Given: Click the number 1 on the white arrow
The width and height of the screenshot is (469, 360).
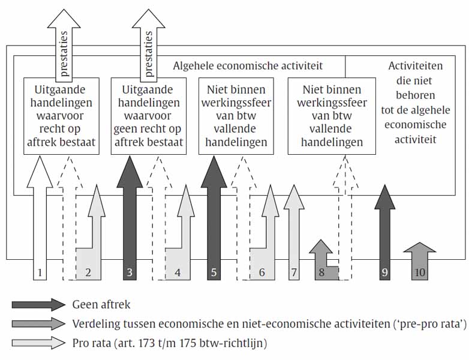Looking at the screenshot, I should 40,272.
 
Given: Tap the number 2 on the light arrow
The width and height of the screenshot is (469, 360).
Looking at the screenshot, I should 88,272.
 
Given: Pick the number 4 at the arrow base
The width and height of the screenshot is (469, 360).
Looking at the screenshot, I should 178,272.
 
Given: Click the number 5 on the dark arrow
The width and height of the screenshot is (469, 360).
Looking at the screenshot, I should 214,272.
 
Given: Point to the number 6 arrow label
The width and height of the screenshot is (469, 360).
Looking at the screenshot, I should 262,272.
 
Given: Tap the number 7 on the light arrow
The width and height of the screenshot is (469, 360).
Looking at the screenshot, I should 293,272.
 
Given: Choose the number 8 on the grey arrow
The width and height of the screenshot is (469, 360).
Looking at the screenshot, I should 322,272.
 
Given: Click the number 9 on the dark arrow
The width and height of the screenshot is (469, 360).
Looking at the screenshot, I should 384,272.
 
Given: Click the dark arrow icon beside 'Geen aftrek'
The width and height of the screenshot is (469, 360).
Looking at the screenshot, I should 38,304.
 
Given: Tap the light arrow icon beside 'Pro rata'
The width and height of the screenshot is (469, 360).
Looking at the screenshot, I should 38,343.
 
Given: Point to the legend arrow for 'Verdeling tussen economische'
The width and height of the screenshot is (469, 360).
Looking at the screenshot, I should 38,324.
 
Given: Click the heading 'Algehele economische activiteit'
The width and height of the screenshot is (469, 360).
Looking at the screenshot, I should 248,65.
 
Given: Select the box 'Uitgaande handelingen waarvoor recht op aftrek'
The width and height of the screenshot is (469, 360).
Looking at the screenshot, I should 60,116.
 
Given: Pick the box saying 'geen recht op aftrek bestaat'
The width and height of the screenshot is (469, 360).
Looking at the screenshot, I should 148,116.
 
